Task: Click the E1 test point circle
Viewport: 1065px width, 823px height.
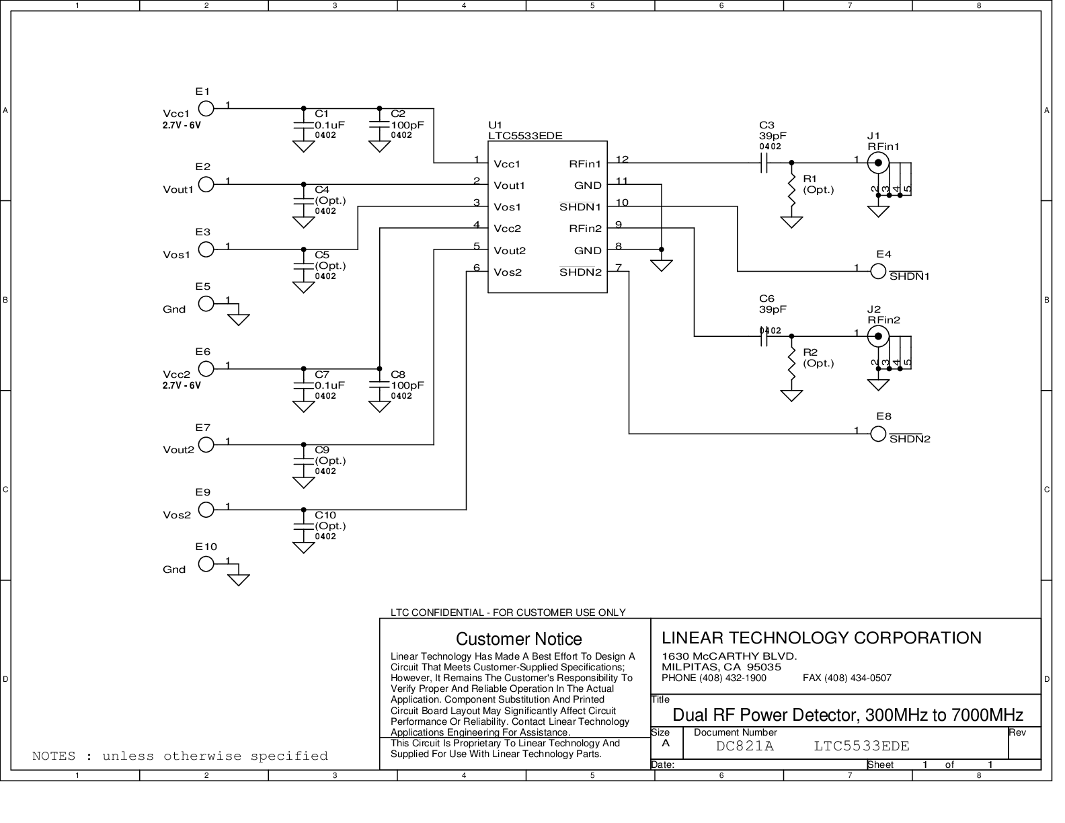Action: tap(206, 108)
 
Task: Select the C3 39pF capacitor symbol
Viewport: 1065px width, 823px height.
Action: tap(764, 163)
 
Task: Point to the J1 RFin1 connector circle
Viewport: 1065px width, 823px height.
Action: tap(878, 163)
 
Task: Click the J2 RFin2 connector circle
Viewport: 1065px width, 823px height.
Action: tap(878, 336)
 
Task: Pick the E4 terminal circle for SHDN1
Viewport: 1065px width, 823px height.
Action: tap(878, 271)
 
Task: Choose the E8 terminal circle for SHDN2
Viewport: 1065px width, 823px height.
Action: tap(878, 434)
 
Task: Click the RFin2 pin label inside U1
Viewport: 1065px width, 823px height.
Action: tap(585, 229)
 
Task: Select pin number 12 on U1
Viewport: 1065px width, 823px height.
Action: tap(622, 159)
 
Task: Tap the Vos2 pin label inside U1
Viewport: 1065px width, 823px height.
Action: tap(507, 272)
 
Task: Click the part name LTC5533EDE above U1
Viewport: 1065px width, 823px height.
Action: tap(525, 136)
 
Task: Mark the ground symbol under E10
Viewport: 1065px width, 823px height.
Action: tap(239, 580)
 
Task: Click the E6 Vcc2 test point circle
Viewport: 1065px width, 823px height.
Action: tap(206, 368)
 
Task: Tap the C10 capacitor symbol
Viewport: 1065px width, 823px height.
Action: tap(303, 526)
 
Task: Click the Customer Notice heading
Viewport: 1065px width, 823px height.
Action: tap(518, 639)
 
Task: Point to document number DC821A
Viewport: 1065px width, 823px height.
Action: tap(744, 746)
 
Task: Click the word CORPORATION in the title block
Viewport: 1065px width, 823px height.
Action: tap(918, 637)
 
